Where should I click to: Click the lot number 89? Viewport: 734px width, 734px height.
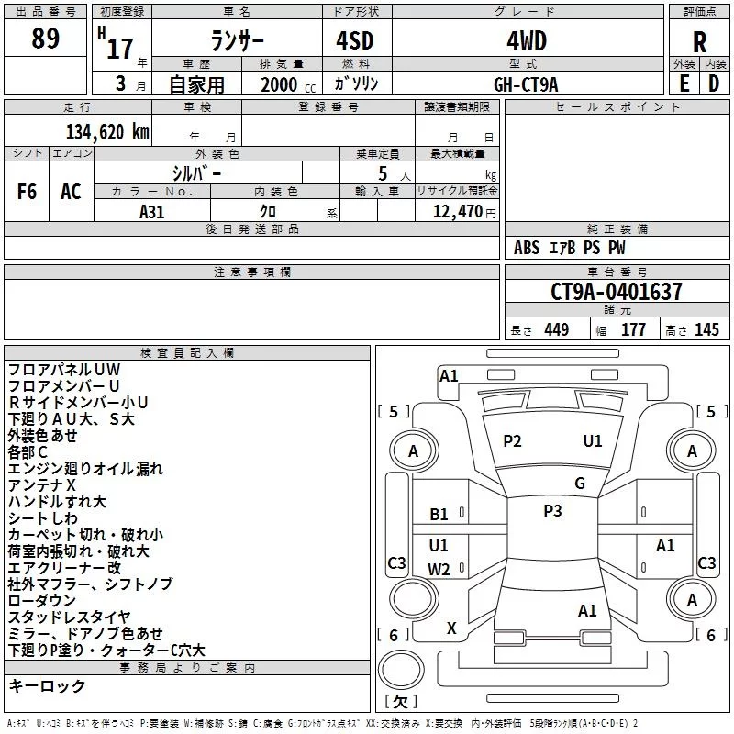click(46, 39)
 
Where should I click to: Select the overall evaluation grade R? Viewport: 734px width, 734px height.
click(700, 41)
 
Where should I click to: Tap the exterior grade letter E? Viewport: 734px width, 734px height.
click(684, 83)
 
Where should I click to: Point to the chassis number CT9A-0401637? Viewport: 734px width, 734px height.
click(617, 293)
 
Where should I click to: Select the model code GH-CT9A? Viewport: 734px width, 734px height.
click(526, 83)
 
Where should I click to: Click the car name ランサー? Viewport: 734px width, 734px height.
click(238, 41)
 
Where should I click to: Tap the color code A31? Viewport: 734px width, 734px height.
click(152, 211)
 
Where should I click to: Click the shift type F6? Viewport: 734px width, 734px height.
click(28, 192)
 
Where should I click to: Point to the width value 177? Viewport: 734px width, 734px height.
click(633, 330)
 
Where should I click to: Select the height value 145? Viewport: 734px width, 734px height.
click(706, 330)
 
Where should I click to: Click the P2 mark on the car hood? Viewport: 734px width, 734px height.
click(512, 441)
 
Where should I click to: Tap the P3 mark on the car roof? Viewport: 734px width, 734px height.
click(552, 511)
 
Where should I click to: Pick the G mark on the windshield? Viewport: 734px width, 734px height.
click(580, 484)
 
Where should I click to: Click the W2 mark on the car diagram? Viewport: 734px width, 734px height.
click(439, 569)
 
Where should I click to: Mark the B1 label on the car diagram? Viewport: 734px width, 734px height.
click(439, 515)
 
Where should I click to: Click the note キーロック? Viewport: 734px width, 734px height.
click(47, 685)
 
